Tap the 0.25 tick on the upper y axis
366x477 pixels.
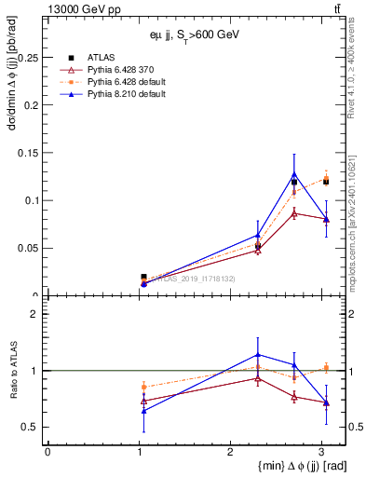coord(28,58)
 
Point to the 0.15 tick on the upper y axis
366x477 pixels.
coord(28,153)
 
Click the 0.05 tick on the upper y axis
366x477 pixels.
coord(28,248)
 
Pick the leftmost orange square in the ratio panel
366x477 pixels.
coord(143,386)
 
